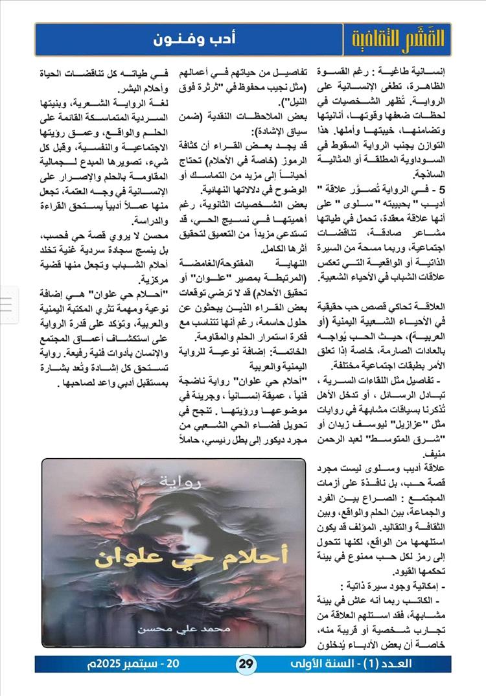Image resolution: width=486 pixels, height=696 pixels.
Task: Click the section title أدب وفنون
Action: (x=194, y=40)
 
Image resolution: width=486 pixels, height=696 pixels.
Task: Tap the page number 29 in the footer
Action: (x=247, y=664)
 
